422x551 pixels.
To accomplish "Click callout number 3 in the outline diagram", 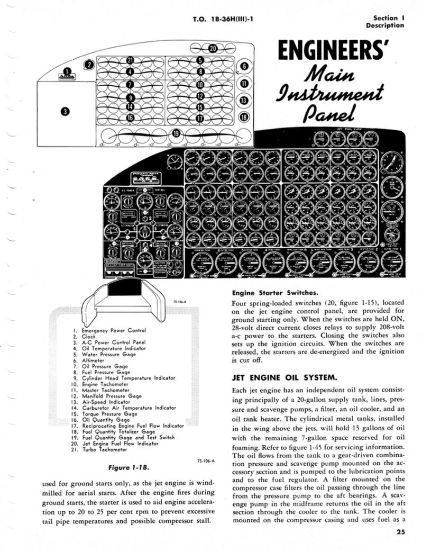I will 65,111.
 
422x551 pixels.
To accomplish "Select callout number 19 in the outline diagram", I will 176,132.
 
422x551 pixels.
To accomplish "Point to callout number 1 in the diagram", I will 67,71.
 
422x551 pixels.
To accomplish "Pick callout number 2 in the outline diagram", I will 90,65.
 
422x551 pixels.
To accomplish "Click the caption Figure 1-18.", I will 125,467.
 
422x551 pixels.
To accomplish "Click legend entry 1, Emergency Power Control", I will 109,330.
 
